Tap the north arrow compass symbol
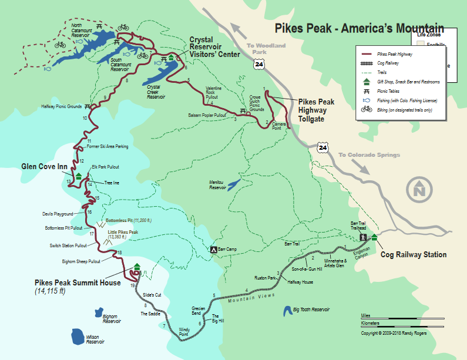tap(419, 190)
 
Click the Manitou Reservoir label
tap(217, 184)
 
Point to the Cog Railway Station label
tap(414, 255)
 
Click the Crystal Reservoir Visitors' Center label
tap(214, 48)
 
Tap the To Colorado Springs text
tap(368, 155)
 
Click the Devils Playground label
tap(58, 214)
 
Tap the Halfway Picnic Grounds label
tap(61, 107)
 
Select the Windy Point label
tap(185, 331)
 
